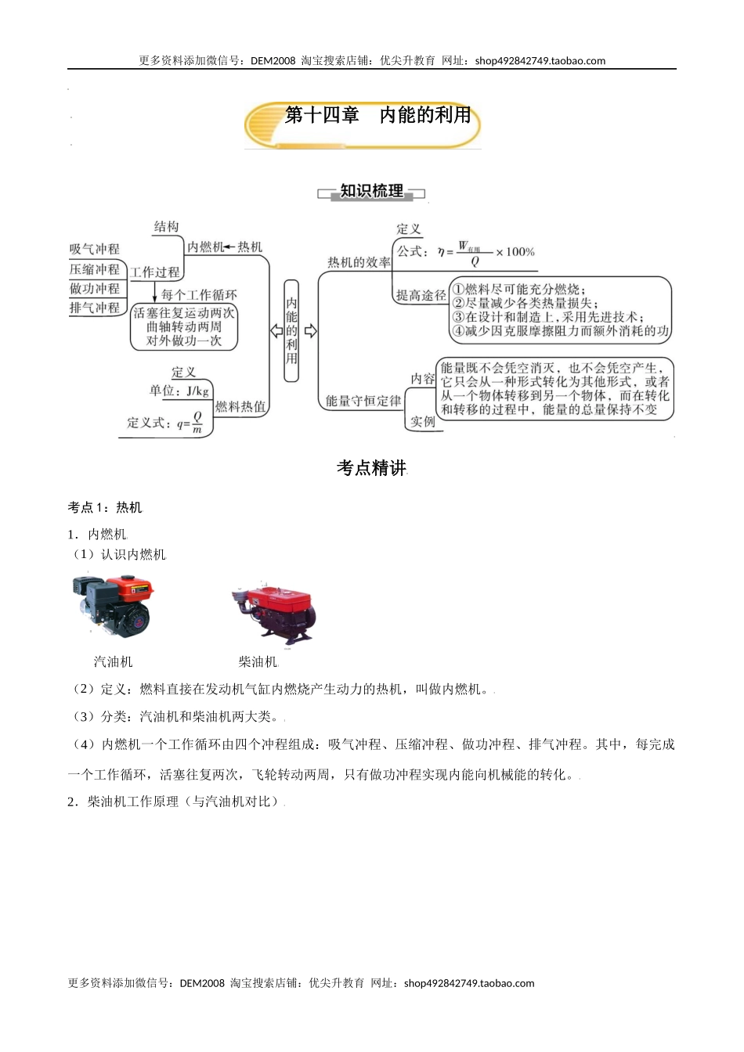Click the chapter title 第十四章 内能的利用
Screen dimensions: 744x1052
(377, 115)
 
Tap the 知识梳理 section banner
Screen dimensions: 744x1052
(371, 192)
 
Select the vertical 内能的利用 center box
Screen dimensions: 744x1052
(291, 330)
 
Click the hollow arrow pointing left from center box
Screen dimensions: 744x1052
(276, 331)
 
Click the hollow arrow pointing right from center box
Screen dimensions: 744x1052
(310, 331)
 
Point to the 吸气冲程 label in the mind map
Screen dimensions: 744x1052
(95, 249)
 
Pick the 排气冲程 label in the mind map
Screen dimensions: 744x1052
(95, 308)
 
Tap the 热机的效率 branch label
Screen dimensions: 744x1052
(359, 263)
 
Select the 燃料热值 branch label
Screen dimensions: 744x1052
(240, 406)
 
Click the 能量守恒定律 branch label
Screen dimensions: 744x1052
(363, 401)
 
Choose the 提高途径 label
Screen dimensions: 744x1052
(421, 295)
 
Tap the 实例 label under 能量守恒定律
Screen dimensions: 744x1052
(422, 421)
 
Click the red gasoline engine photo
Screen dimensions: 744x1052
(112, 604)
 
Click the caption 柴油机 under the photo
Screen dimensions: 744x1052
(258, 662)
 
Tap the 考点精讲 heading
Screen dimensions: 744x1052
(371, 468)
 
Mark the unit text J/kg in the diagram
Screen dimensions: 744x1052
(197, 391)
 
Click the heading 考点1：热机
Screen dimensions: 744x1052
(105, 507)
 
